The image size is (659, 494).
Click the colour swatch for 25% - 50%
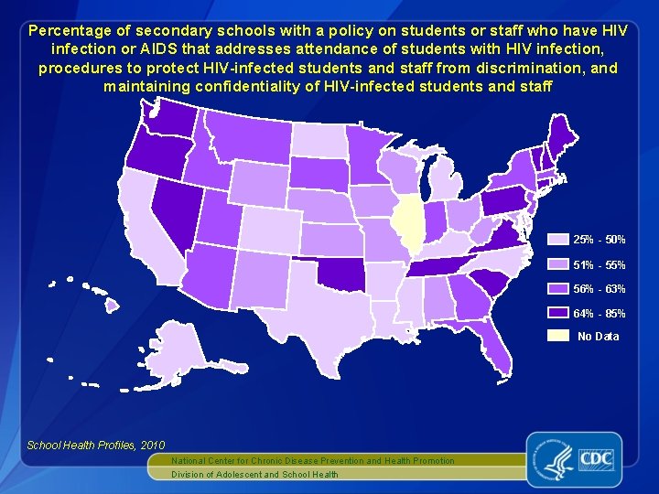pyautogui.click(x=557, y=240)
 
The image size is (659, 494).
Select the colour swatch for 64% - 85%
pyautogui.click(x=557, y=313)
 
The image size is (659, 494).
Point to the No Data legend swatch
pyautogui.click(x=557, y=337)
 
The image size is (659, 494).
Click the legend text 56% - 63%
pyautogui.click(x=599, y=289)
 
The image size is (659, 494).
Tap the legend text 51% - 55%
pyautogui.click(x=599, y=265)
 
